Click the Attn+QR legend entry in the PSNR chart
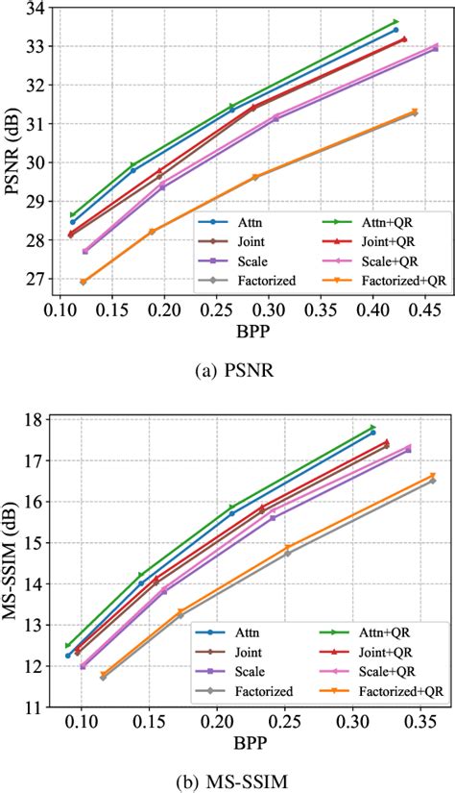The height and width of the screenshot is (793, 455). coord(367,220)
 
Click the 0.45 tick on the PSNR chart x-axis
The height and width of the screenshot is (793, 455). coord(423,312)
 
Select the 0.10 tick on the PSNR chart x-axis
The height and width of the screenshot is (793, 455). coord(61,312)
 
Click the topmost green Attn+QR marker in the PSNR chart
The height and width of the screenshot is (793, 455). coord(395,21)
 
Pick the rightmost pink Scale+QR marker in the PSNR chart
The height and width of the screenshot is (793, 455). coord(435,46)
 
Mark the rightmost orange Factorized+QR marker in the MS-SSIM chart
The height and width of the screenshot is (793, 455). coord(432,475)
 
